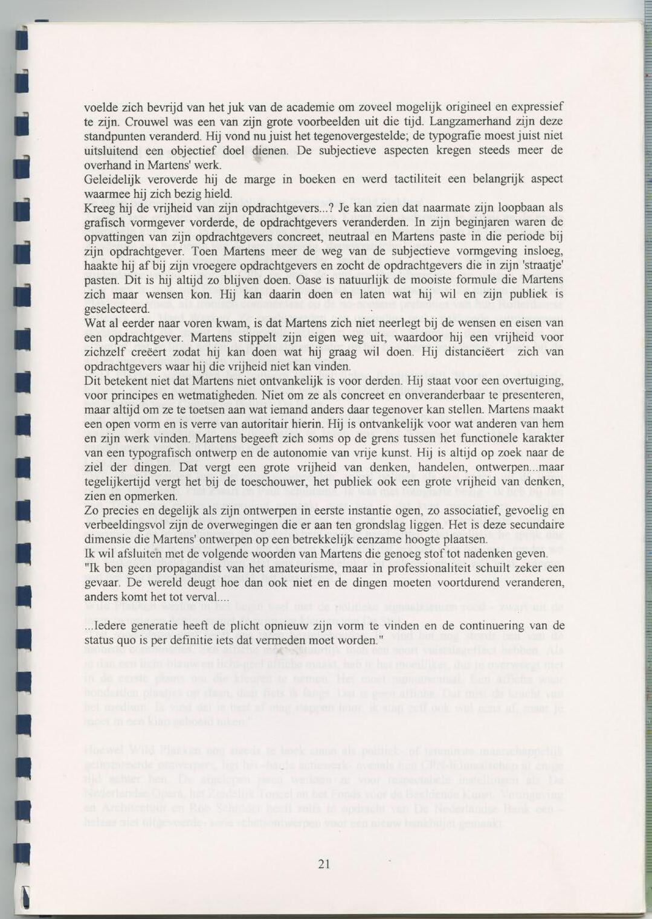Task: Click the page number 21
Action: tap(324, 864)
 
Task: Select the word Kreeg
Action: tap(98, 208)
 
